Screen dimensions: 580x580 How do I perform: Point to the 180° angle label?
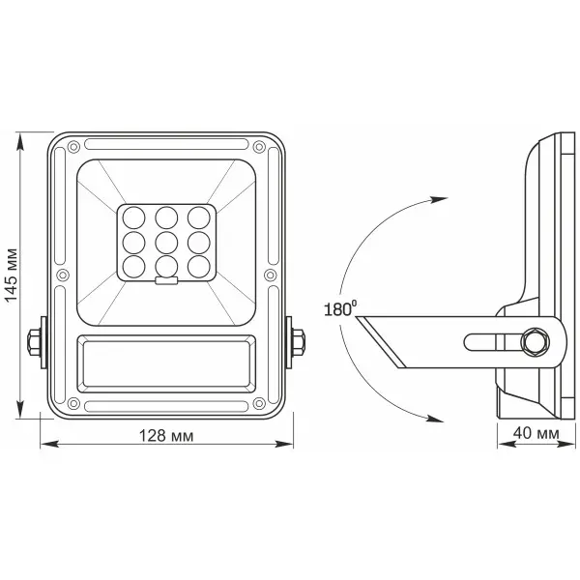coord(341,311)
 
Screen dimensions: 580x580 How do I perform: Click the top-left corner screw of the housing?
coord(70,147)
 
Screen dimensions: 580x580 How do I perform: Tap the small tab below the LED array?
coord(166,281)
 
